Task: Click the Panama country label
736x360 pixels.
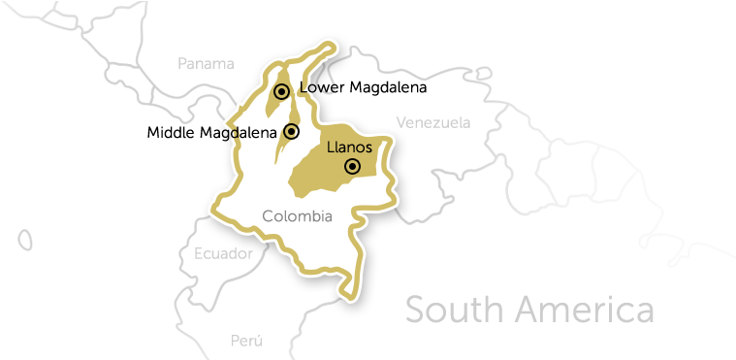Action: tap(206, 64)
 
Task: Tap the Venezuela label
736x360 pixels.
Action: tap(433, 123)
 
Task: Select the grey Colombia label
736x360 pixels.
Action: tap(298, 216)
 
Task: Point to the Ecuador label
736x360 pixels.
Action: tap(223, 254)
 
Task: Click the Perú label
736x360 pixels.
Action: tap(246, 341)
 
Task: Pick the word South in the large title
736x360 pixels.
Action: tap(454, 311)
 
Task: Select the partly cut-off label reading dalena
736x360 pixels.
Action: tap(254, 132)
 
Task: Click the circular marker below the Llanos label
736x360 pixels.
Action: tap(352, 167)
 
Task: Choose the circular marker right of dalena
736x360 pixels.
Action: tap(291, 131)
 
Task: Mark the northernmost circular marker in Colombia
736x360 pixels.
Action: tap(281, 91)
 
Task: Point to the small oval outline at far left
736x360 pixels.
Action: tap(24, 240)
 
